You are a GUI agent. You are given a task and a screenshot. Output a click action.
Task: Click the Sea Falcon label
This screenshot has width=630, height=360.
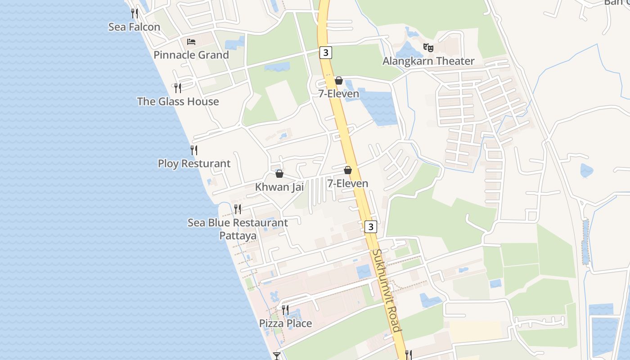pyautogui.click(x=134, y=27)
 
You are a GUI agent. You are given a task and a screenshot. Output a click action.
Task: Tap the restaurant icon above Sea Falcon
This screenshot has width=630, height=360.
pyautogui.click(x=134, y=13)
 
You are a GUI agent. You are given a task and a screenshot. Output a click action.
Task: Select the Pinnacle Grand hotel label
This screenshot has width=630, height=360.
pyautogui.click(x=191, y=55)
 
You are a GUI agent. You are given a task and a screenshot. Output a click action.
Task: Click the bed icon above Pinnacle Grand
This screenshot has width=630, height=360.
pyautogui.click(x=191, y=42)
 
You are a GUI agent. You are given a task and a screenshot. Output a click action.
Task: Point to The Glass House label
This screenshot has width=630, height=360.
pyautogui.click(x=178, y=102)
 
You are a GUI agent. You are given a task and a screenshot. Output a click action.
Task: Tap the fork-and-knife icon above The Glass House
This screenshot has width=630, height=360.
pyautogui.click(x=178, y=88)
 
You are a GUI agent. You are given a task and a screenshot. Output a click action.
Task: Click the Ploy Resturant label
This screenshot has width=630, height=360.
pyautogui.click(x=194, y=164)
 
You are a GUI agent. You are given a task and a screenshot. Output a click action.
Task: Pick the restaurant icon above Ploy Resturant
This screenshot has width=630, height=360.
pyautogui.click(x=194, y=150)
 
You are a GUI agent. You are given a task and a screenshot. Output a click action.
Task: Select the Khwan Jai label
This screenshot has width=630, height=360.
pyautogui.click(x=279, y=187)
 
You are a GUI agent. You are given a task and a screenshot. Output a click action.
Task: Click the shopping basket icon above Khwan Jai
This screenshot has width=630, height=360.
pyautogui.click(x=279, y=174)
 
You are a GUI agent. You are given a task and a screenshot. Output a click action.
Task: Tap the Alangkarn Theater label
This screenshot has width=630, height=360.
pyautogui.click(x=428, y=61)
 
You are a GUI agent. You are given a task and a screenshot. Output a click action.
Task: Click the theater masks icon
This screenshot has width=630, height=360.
pyautogui.click(x=428, y=47)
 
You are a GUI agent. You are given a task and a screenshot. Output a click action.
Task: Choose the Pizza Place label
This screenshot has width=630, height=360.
pyautogui.click(x=285, y=324)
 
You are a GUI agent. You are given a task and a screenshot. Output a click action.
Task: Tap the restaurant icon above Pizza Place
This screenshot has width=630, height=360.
pyautogui.click(x=285, y=310)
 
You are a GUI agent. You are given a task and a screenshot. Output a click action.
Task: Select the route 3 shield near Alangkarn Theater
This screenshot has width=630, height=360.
pyautogui.click(x=326, y=53)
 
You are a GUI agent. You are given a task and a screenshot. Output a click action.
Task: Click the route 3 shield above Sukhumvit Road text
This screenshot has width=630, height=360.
pyautogui.click(x=370, y=227)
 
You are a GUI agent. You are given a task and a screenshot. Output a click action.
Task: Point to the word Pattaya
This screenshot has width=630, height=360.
pyautogui.click(x=238, y=236)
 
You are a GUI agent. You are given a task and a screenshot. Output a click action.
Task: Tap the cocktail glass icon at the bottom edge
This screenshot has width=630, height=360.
pyautogui.click(x=277, y=356)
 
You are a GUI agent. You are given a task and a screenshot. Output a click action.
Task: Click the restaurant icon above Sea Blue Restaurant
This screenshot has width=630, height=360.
pyautogui.click(x=238, y=209)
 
